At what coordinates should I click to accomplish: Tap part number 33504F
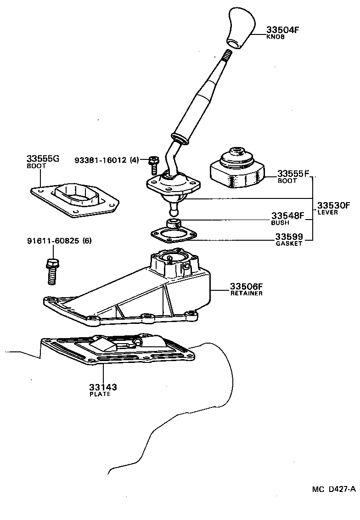click(x=282, y=30)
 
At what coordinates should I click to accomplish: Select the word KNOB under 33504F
click(x=276, y=37)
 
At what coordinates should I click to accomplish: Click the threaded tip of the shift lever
click(x=226, y=56)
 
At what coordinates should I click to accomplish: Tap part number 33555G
click(x=43, y=159)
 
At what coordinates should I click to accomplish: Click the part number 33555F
click(x=293, y=174)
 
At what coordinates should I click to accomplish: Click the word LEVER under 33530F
click(x=327, y=212)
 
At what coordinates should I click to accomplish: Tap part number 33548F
click(x=287, y=215)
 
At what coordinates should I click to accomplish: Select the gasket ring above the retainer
click(x=172, y=235)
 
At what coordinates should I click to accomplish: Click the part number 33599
click(x=289, y=237)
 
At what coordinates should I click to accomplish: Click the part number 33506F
click(x=246, y=287)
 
